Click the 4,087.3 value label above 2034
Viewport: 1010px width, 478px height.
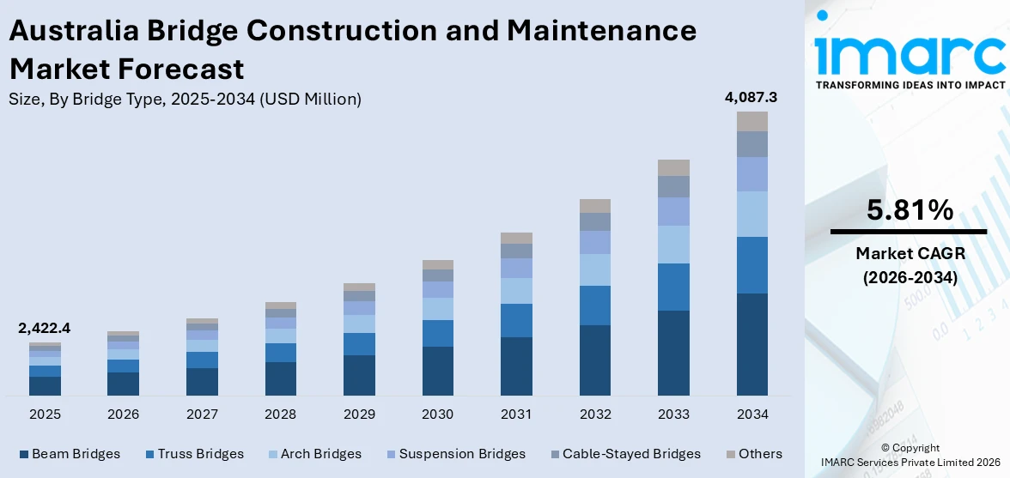751,98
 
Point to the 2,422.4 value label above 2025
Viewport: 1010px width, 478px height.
44,329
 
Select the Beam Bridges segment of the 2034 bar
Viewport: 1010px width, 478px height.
751,344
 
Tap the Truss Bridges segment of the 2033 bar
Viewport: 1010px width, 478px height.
673,287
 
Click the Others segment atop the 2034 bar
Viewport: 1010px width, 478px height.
751,121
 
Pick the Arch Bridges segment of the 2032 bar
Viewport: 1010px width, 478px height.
594,269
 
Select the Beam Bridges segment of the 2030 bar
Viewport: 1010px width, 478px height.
437,371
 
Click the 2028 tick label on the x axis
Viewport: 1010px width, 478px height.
281,414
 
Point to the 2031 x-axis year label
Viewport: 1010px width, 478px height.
516,414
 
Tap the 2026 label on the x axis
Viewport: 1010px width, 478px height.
124,414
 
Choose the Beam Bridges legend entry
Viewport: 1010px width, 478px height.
76,454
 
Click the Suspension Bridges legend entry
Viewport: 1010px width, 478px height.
461,454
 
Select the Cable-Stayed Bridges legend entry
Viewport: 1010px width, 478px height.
631,454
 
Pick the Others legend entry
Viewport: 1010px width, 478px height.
759,454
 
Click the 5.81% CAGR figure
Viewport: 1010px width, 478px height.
910,209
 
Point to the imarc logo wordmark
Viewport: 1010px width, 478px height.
910,53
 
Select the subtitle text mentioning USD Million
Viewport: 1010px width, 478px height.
185,100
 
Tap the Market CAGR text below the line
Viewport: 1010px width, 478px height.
910,253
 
